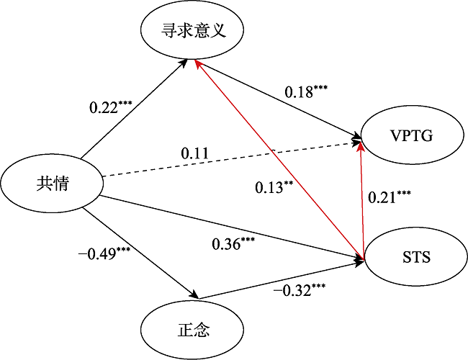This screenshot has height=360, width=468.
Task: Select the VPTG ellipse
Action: point(413,136)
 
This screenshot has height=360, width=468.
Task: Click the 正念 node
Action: point(192,330)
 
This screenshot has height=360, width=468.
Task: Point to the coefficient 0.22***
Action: point(111,107)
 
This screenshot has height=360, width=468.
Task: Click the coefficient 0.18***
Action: point(306,92)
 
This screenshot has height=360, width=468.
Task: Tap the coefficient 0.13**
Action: point(274,188)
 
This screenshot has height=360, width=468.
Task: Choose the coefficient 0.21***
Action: point(390,197)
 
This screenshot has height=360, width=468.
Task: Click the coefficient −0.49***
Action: point(104,254)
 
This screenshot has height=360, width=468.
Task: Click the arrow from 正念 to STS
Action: point(281,280)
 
